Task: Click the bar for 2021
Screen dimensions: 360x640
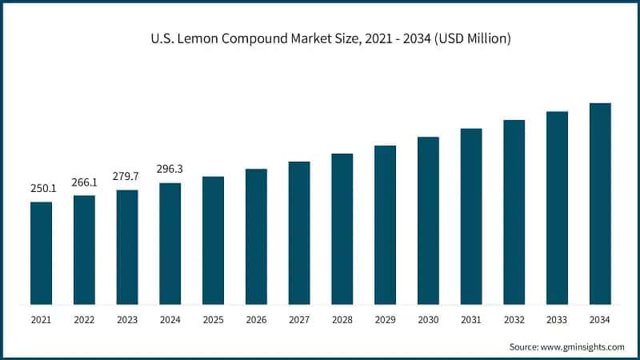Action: click(42, 253)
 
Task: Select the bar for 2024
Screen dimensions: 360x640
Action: click(170, 243)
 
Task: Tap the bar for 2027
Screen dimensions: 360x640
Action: click(299, 233)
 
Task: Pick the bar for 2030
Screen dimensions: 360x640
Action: click(428, 220)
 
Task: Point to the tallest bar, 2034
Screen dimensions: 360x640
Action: click(600, 203)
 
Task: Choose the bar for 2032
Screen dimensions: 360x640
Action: click(514, 212)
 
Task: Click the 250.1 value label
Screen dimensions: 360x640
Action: click(42, 189)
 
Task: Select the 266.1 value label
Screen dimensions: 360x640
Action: click(84, 182)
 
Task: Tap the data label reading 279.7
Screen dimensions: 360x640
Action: click(127, 177)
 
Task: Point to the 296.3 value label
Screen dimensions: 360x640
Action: click(170, 170)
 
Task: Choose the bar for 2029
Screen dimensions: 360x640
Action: click(385, 225)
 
